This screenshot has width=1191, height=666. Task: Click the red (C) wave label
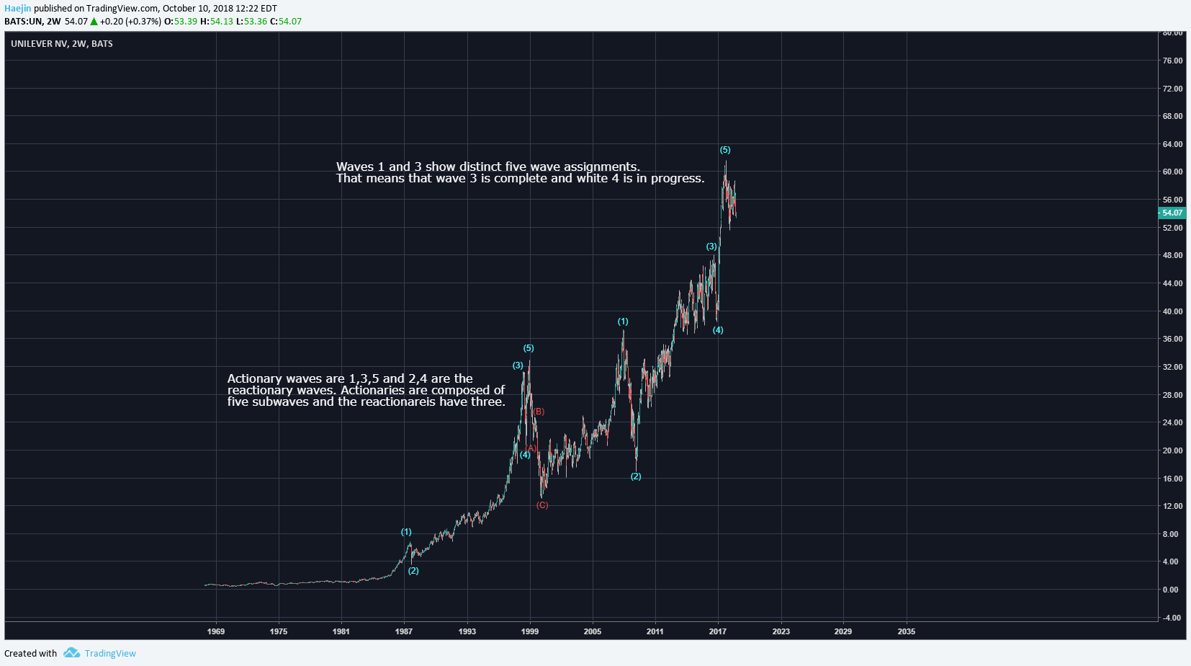[542, 505]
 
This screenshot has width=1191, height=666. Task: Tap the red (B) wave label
[539, 412]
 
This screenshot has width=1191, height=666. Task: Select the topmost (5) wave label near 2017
[725, 150]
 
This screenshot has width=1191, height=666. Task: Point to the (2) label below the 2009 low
[636, 476]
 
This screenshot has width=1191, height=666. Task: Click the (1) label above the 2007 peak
[623, 321]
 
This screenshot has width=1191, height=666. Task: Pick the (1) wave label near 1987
[406, 532]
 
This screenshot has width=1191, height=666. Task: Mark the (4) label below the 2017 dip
[718, 330]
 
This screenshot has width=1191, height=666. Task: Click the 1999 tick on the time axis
[530, 631]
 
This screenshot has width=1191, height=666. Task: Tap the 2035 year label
[906, 631]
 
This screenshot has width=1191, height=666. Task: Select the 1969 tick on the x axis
[216, 631]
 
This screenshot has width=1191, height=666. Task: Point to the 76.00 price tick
[1172, 61]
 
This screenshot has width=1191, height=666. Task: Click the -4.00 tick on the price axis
[1172, 618]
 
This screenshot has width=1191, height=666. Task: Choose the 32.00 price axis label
[1172, 367]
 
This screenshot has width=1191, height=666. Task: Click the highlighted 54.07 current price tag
[1172, 213]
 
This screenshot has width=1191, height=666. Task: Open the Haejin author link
[18, 9]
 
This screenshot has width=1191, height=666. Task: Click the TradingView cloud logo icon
[71, 653]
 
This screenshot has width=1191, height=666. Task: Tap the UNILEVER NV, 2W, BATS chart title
[62, 44]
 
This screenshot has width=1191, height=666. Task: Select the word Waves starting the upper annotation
[355, 166]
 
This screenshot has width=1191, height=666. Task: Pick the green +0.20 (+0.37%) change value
[130, 22]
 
